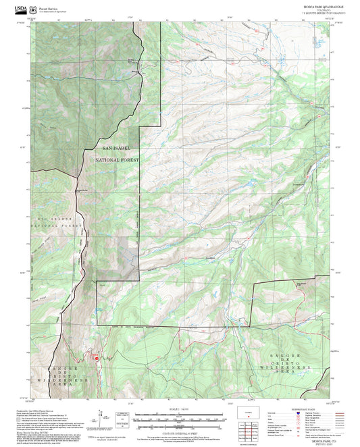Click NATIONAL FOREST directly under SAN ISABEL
point(120,160)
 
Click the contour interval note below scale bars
point(179,431)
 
